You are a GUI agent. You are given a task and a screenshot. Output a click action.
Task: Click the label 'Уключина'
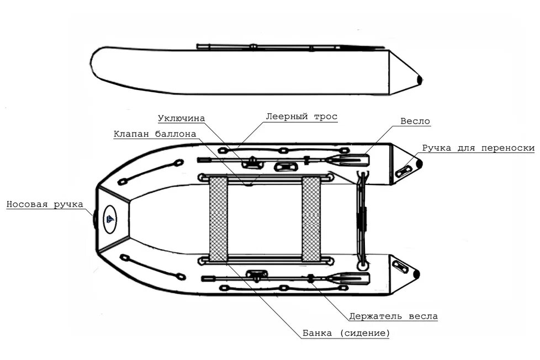181,118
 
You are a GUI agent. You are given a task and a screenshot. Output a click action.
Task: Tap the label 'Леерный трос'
301,117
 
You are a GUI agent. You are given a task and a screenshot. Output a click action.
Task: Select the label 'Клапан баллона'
155,134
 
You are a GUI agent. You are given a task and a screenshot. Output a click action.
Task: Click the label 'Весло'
415,121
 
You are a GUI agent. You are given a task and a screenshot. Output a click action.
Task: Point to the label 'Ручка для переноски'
478,148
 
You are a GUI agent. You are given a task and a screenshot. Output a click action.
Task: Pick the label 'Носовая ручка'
44,204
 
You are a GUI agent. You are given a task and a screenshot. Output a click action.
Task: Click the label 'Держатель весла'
393,317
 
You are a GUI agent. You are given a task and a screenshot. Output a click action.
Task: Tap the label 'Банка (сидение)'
346,333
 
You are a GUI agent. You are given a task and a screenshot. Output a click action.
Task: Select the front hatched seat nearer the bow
219,219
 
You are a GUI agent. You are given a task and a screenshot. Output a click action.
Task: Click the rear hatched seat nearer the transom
311,219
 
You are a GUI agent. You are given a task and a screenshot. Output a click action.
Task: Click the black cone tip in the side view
420,80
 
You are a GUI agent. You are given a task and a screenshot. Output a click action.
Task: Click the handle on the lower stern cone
399,265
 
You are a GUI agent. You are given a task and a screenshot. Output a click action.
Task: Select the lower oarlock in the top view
257,274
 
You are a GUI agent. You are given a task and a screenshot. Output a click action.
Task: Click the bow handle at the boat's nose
95,219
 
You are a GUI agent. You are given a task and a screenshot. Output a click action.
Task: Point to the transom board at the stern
361,219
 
